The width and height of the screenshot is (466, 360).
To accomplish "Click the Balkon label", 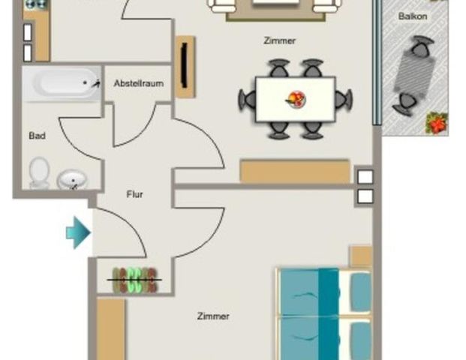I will coord(414,15).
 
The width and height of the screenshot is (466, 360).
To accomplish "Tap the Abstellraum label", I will coord(138,84).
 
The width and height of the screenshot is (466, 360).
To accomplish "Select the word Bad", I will coord(37,136).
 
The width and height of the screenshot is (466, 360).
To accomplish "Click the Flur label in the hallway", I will coord(134,194).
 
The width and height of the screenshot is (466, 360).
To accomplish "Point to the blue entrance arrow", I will coord(77,232).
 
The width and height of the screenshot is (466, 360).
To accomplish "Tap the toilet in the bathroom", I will coord(39,172).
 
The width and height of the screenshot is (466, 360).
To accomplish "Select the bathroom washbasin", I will coord(72,179).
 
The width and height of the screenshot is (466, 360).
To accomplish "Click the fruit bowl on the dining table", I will coord(296,98).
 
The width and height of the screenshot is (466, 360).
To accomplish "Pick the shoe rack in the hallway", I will coord(135,280).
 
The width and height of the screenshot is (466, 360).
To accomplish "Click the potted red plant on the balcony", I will coord(436,122).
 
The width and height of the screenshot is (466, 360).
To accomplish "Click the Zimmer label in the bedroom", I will coord(213,316).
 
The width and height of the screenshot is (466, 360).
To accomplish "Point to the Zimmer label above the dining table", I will coord(279,41).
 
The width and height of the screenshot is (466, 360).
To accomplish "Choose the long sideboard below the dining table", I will coord(295,171).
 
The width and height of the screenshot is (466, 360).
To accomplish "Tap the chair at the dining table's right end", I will coord(344,98).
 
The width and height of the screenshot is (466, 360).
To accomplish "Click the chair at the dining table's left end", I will coord(247,99).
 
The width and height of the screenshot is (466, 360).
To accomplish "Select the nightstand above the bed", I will coord(361,256).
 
